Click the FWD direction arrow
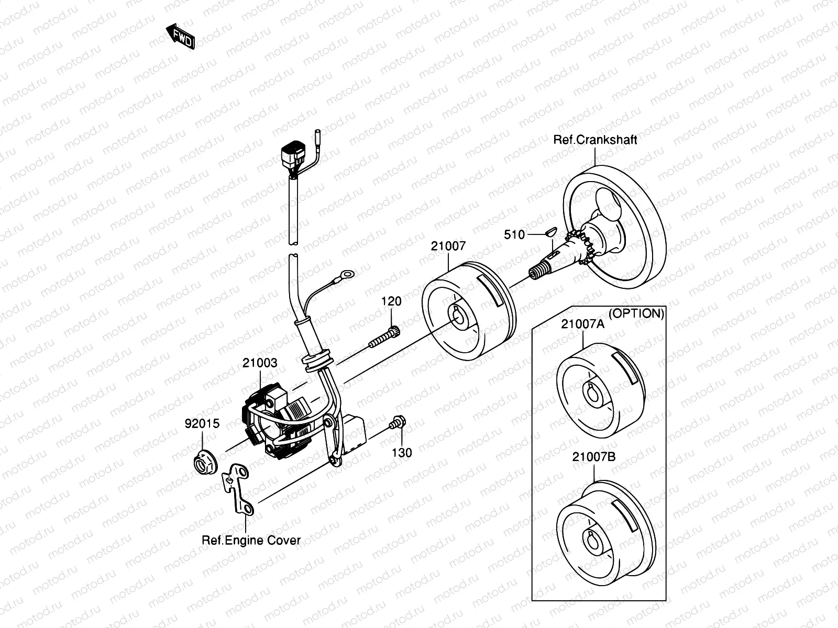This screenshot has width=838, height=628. [181, 37]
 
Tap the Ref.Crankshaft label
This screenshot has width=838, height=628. [596, 140]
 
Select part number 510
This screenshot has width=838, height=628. [514, 235]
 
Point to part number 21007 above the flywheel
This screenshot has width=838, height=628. [448, 246]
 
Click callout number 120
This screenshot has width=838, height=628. [391, 301]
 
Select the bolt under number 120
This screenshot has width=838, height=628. [384, 337]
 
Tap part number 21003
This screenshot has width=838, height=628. [260, 363]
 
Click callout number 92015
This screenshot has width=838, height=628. [202, 423]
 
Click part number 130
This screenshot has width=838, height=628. [402, 452]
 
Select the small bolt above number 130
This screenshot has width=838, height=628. [397, 423]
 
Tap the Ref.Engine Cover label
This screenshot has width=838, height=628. [251, 540]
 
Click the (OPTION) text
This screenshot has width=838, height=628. [637, 313]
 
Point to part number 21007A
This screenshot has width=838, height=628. [582, 324]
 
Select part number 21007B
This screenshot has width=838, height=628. [593, 457]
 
